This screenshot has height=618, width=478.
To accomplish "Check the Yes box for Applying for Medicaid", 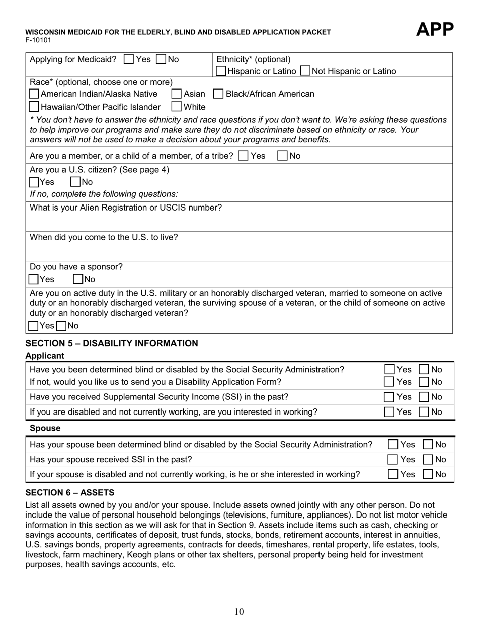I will click(129, 59).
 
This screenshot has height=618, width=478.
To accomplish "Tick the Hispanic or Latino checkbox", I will click(221, 71).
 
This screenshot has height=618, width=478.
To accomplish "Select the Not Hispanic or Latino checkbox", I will click(305, 71).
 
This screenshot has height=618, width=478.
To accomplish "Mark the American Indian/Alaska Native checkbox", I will click(34, 94).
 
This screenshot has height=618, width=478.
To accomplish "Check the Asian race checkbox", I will click(177, 94).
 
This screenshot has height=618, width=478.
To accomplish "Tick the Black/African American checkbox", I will click(219, 94).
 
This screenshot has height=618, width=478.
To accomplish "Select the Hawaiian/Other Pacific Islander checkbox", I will click(34, 107).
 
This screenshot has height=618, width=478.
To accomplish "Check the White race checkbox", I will click(177, 107).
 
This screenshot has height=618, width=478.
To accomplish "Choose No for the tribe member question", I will click(283, 156).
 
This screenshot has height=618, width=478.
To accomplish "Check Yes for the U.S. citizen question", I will click(34, 182).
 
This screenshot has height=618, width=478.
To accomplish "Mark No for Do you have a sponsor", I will click(78, 279).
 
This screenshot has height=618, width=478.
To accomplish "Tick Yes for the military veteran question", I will click(34, 326).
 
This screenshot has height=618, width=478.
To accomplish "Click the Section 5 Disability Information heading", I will click(112, 343).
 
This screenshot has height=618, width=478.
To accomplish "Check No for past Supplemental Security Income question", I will click(424, 397).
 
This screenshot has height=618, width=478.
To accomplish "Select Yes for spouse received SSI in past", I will click(393, 459).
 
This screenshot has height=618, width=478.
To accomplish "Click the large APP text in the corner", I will click(435, 30).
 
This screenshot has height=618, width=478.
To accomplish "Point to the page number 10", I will click(239, 611).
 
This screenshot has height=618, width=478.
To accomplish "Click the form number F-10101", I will click(38, 40).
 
